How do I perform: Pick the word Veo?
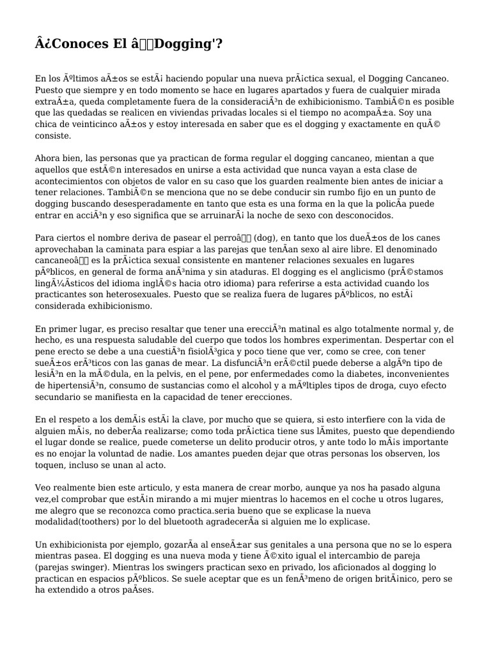point(43,487)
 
